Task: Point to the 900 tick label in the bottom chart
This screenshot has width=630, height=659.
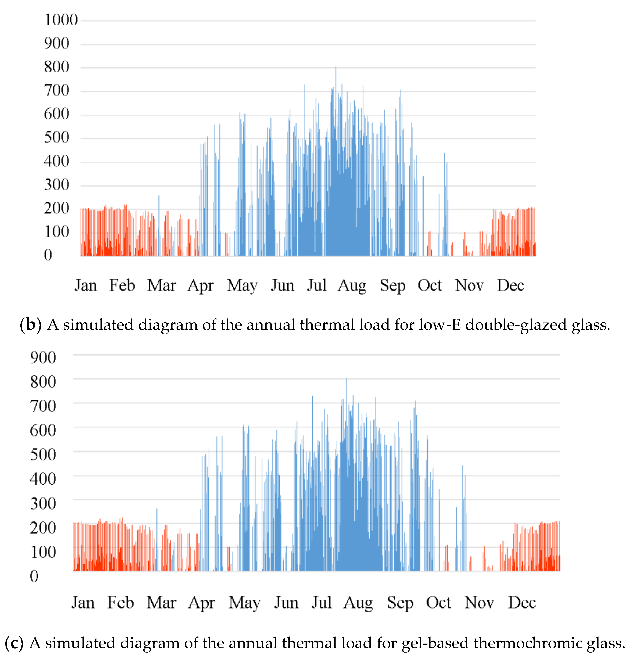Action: click(43, 357)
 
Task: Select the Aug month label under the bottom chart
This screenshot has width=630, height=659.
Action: click(358, 603)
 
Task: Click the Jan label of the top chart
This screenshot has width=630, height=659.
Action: click(86, 285)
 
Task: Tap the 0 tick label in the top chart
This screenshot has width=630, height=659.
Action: click(48, 255)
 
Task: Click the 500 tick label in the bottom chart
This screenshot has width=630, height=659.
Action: click(43, 454)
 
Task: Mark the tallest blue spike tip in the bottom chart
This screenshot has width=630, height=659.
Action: click(346, 379)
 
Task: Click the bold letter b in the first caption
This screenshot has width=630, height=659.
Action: click(31, 325)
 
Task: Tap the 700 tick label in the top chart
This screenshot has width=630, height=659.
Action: click(56, 91)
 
